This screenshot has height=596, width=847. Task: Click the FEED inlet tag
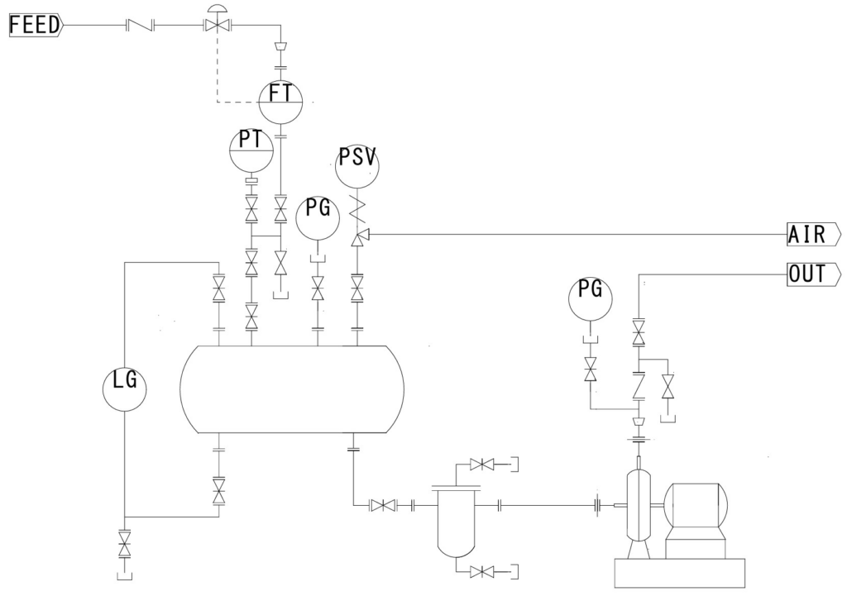(x=35, y=26)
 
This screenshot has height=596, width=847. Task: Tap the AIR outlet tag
(x=811, y=235)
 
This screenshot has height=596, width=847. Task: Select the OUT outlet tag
(x=811, y=274)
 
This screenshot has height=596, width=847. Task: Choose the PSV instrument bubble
(x=357, y=164)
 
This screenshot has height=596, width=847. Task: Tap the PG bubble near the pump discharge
(x=590, y=298)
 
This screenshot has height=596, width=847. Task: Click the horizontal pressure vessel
(x=291, y=389)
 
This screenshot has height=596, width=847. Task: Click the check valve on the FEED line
(x=141, y=26)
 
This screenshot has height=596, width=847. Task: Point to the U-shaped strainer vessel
(x=457, y=522)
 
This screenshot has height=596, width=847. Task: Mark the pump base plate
(x=679, y=572)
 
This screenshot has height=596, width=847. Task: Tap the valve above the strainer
(x=481, y=465)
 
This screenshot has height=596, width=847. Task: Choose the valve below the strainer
(x=481, y=571)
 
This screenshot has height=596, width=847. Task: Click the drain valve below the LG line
(x=124, y=543)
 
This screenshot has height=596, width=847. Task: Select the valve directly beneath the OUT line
(x=639, y=332)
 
